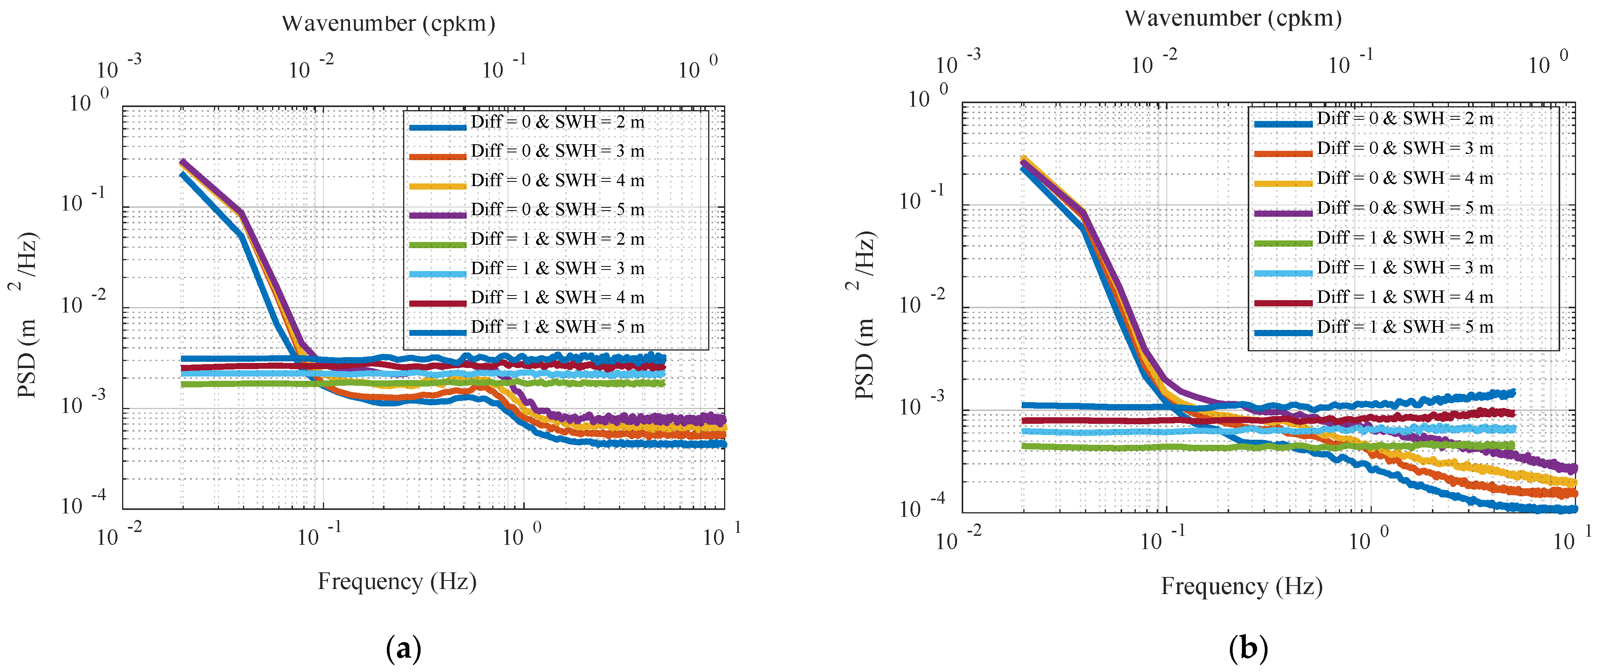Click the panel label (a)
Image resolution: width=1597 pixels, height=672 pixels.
click(404, 649)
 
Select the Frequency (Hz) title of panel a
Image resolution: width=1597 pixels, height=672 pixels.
click(397, 582)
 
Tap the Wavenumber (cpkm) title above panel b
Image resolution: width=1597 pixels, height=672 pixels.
click(1233, 19)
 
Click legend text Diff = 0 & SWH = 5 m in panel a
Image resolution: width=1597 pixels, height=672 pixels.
click(557, 209)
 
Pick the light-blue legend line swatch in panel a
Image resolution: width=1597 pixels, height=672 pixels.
click(437, 273)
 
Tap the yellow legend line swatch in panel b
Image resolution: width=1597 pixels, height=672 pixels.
click(1283, 183)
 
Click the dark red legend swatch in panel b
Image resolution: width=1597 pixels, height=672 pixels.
click(1283, 302)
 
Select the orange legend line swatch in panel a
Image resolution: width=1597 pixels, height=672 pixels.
click(437, 156)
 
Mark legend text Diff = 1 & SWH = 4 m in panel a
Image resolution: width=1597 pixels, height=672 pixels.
click(557, 297)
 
